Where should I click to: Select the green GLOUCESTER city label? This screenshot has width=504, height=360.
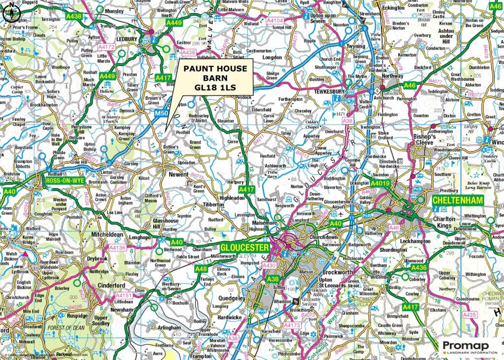[x=245, y=247]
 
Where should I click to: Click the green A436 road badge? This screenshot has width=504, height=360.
[x=418, y=267]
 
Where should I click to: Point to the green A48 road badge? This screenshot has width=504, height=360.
[x=201, y=269]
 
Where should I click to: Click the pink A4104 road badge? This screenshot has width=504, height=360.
[x=275, y=21]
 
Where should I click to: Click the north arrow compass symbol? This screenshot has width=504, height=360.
[x=10, y=13]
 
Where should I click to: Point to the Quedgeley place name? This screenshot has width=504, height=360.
[x=231, y=298]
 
